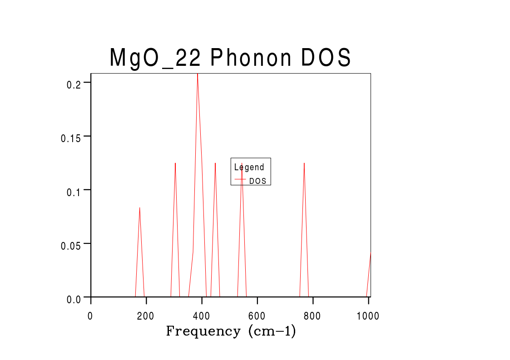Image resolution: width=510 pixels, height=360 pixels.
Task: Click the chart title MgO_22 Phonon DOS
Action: tap(230, 59)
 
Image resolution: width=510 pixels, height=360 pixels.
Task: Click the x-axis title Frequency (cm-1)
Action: tap(231, 331)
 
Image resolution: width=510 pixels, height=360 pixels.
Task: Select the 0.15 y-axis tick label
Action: tap(71, 138)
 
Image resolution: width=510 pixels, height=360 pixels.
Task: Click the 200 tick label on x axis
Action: tap(146, 316)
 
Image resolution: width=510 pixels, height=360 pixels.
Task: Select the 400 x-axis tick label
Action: tap(202, 316)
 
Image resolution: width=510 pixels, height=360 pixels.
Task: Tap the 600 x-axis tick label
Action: tap(257, 316)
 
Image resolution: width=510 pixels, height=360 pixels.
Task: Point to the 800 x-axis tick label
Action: tap(312, 316)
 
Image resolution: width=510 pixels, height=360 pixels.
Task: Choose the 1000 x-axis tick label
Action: tap(367, 316)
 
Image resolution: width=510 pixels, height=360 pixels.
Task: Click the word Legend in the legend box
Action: tap(249, 167)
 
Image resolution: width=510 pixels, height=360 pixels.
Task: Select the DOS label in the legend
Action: tap(257, 181)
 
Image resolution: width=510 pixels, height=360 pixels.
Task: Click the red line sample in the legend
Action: tap(240, 180)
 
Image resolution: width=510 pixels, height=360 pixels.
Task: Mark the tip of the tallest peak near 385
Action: tap(198, 74)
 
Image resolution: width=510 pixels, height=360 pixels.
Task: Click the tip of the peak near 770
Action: tap(304, 163)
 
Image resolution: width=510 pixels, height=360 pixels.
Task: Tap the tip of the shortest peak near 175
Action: tap(139, 207)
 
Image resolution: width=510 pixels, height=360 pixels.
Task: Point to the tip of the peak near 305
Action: tap(175, 163)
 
